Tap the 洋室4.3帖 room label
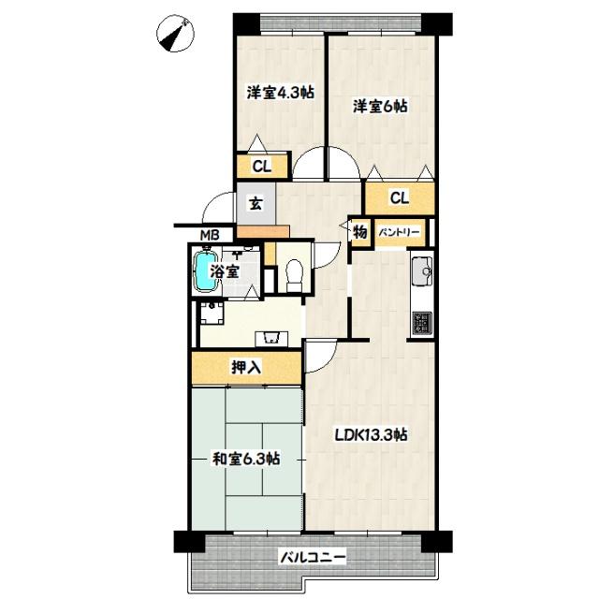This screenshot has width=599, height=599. pos(279,94)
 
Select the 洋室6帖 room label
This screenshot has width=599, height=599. pos(380,106)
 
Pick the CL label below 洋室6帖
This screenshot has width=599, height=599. pos(399,197)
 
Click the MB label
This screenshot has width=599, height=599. pos(209,235)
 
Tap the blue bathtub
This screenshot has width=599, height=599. pos(205,270)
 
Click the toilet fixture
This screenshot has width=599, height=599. pos(291,272)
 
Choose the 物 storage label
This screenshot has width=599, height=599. pos(360,231)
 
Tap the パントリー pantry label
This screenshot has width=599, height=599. pos(400,231)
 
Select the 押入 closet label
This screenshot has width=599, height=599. pos(246,367)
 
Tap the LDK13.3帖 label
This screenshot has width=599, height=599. pos(372,433)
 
